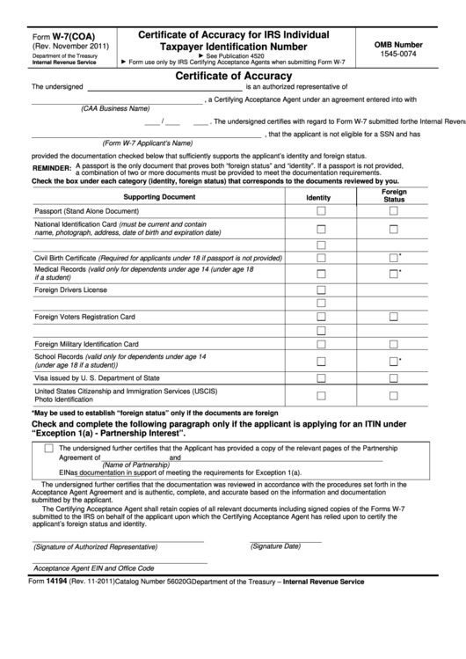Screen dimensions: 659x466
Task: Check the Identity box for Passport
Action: pyautogui.click(x=321, y=211)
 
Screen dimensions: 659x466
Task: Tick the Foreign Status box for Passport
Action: pyautogui.click(x=394, y=211)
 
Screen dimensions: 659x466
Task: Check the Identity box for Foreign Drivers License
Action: pyautogui.click(x=321, y=289)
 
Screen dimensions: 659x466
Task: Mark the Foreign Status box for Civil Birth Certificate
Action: pyautogui.click(x=394, y=258)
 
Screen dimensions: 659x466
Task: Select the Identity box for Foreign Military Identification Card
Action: pyautogui.click(x=321, y=343)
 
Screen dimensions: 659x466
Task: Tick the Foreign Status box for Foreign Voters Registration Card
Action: pyautogui.click(x=394, y=316)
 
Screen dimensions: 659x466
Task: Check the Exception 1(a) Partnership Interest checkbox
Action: pyautogui.click(x=48, y=449)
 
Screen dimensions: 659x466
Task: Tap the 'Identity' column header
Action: pyautogui.click(x=318, y=198)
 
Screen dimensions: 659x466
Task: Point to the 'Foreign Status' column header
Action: pyautogui.click(x=394, y=195)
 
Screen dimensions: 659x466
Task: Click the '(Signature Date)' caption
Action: pyautogui.click(x=275, y=546)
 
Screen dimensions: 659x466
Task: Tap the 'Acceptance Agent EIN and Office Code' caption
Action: pyautogui.click(x=94, y=568)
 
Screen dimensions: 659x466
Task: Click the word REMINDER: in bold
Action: pyautogui.click(x=52, y=167)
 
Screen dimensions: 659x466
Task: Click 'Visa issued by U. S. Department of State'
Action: pyautogui.click(x=97, y=377)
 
